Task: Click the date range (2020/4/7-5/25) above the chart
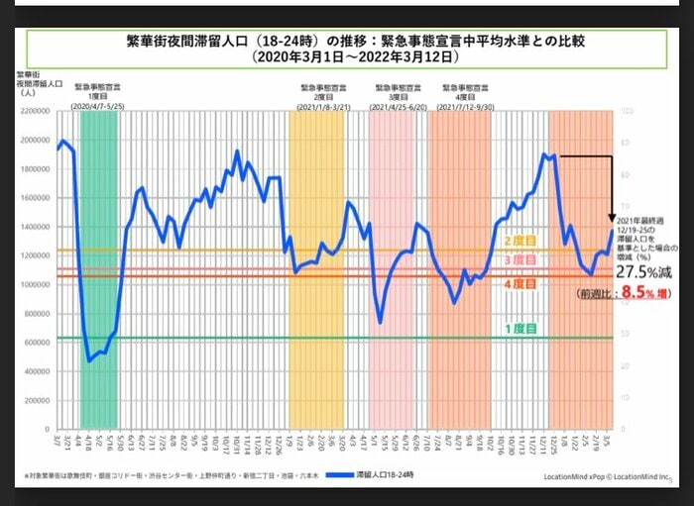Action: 97,104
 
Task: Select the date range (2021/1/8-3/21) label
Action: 315,104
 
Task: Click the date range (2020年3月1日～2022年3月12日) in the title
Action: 346,58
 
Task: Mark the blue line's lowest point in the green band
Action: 89,360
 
